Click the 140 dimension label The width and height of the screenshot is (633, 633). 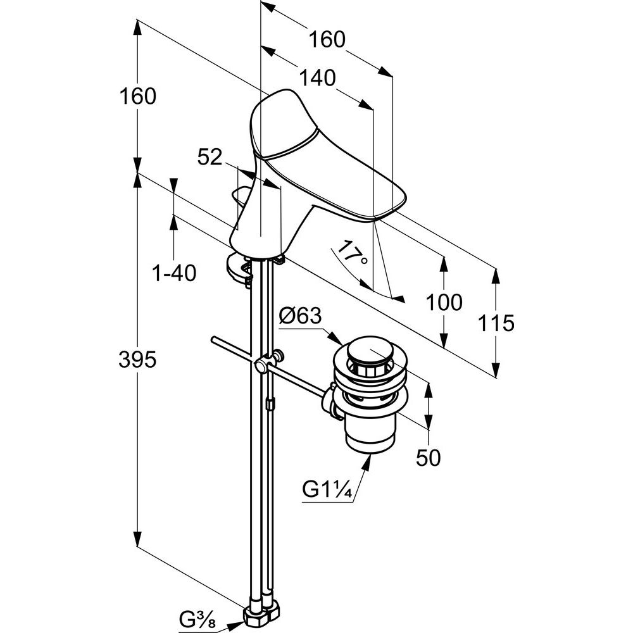[317, 78]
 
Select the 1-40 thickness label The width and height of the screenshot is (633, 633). [175, 273]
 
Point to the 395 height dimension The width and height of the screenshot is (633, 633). [137, 360]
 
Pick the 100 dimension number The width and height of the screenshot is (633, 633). [444, 303]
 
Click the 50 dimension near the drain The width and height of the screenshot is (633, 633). [429, 457]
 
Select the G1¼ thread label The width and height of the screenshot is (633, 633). [326, 489]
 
